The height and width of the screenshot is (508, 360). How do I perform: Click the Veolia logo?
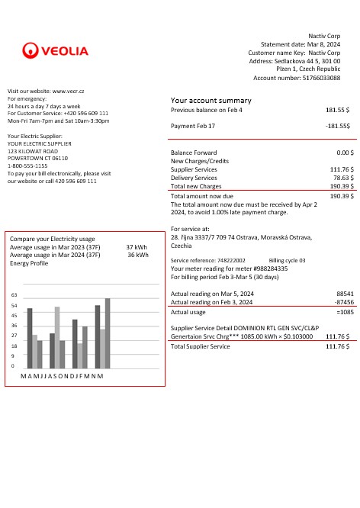tap(56, 51)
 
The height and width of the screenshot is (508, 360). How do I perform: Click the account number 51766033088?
tap(321, 78)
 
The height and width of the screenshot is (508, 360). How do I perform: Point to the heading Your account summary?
tap(211, 101)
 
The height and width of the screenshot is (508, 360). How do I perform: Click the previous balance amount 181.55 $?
tap(338, 110)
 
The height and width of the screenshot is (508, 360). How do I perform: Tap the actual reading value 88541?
tap(345, 293)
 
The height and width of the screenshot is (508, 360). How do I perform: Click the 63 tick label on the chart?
tap(14, 294)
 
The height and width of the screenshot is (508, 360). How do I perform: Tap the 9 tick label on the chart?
tap(13, 356)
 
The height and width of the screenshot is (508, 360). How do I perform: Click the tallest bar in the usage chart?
tap(108, 333)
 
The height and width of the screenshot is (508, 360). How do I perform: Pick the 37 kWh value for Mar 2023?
tap(137, 247)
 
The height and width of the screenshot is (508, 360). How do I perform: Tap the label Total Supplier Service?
tap(200, 346)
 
